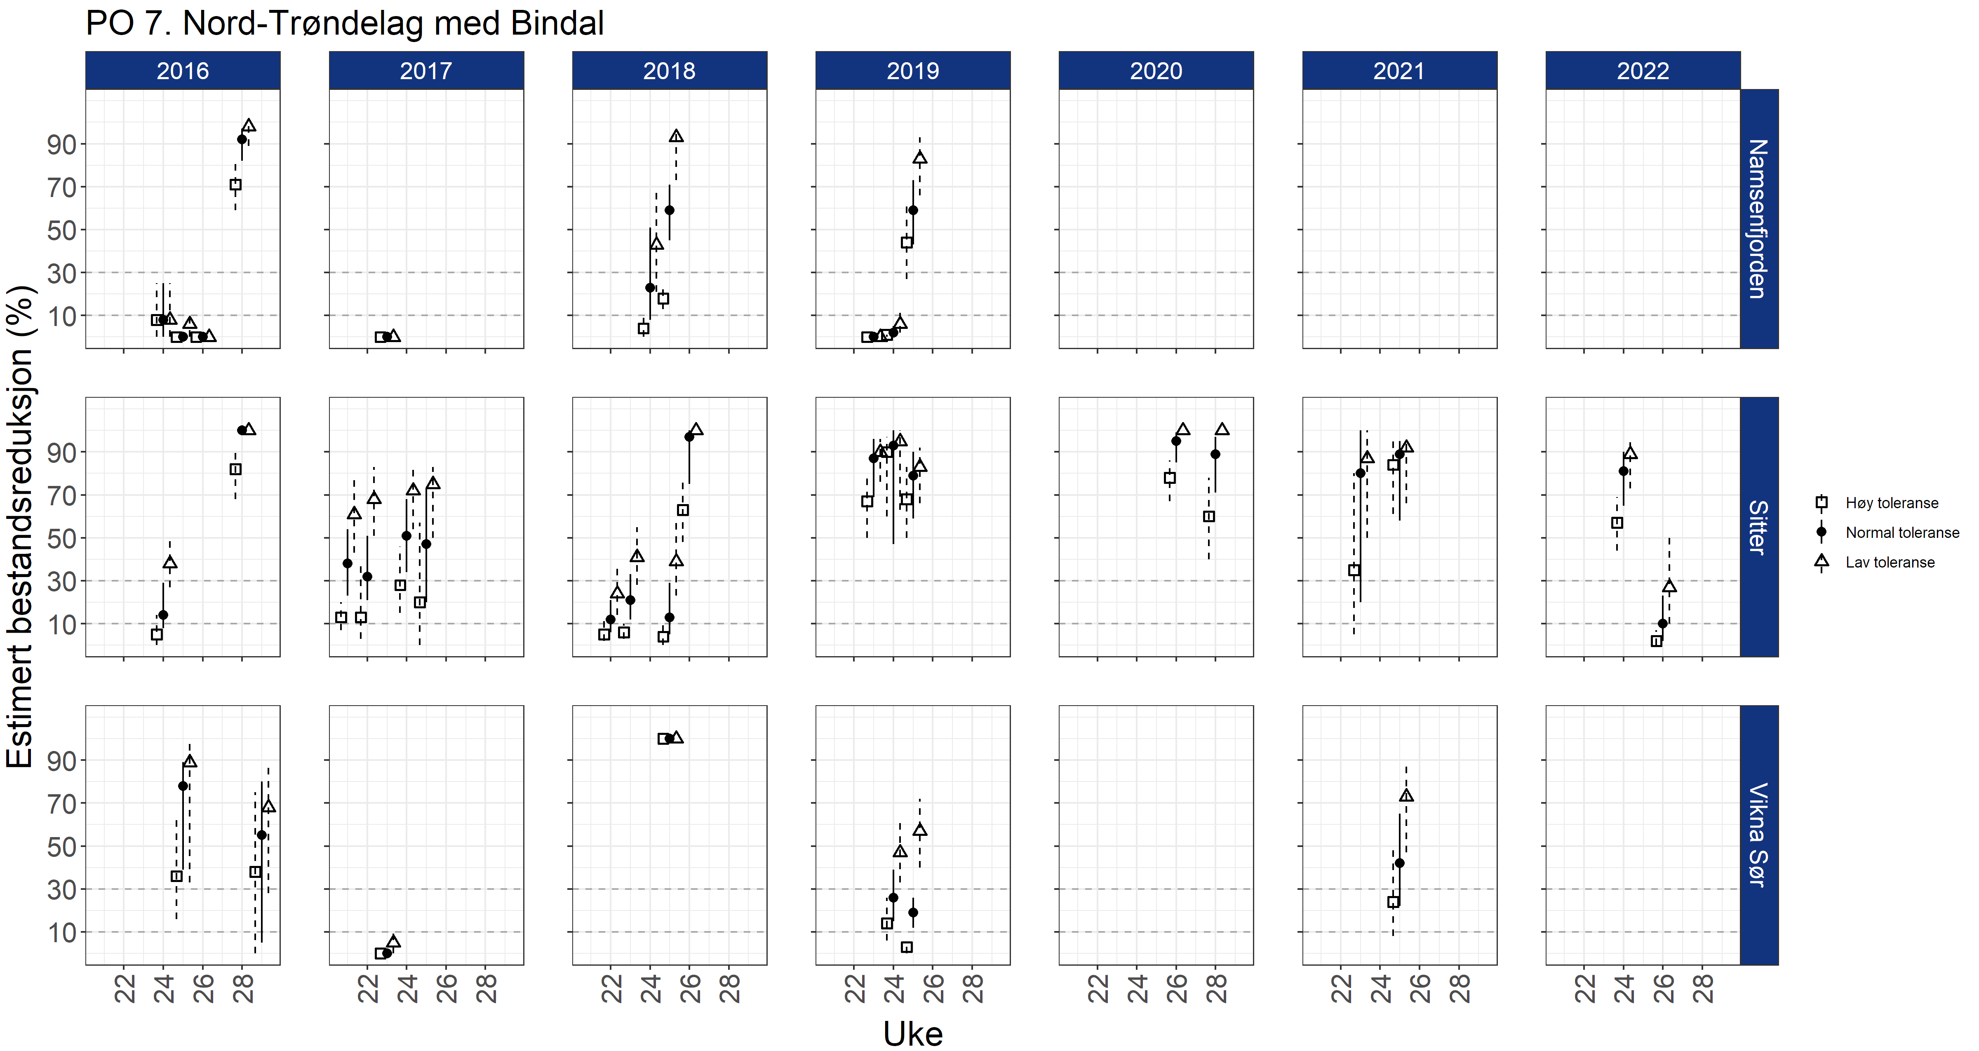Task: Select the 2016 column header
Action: tap(183, 70)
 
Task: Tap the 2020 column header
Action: tap(1155, 70)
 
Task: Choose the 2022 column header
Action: tap(1643, 70)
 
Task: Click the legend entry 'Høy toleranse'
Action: tap(1892, 503)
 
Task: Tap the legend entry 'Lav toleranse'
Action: tap(1890, 562)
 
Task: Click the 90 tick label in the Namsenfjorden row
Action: tap(61, 144)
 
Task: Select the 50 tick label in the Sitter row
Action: tap(61, 539)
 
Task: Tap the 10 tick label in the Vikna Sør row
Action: tap(61, 933)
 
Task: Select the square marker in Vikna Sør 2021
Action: tap(1393, 902)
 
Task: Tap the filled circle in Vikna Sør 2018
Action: tap(669, 738)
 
